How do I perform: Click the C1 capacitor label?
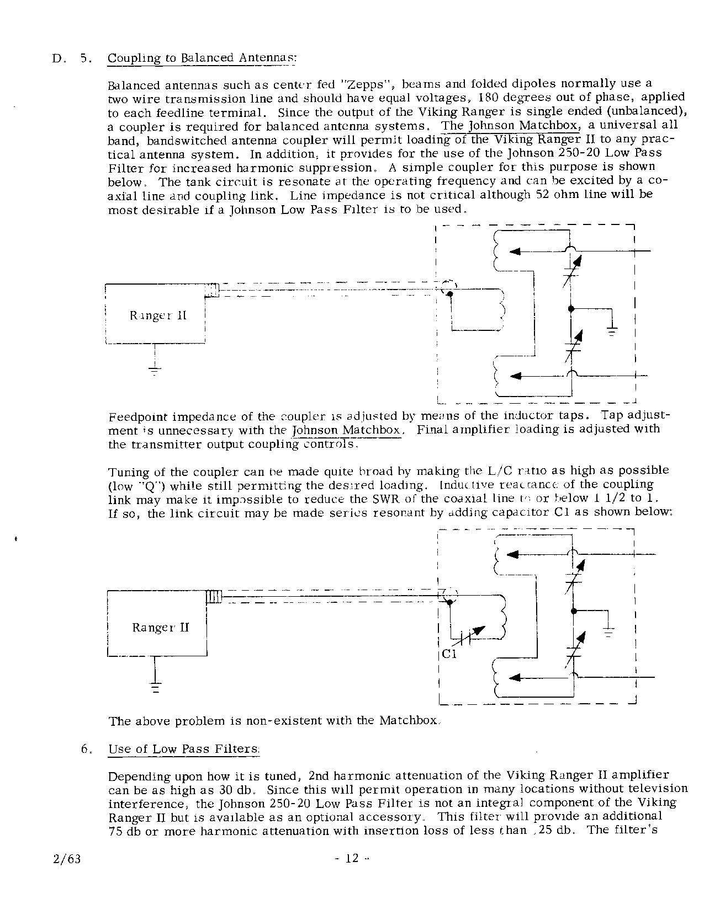449,655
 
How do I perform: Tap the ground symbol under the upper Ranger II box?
154,370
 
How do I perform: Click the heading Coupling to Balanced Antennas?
202,58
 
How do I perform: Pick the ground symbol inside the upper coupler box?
612,331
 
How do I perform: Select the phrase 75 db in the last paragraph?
124,831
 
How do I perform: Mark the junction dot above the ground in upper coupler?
571,308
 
